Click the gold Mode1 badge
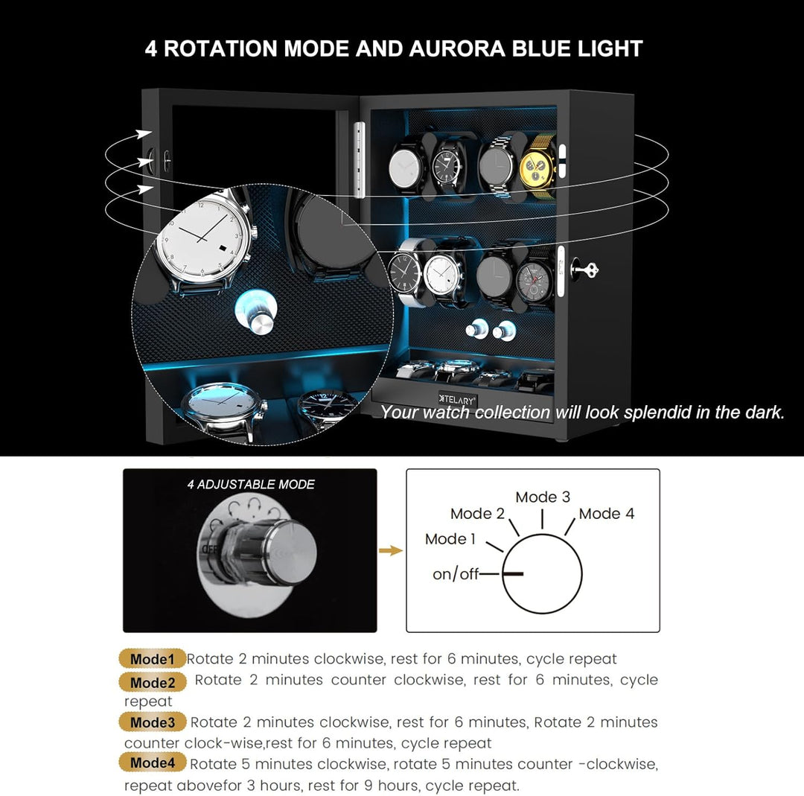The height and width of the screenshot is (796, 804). click(x=153, y=658)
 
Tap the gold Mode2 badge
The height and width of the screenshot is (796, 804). click(x=153, y=682)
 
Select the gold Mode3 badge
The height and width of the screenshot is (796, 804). click(x=153, y=722)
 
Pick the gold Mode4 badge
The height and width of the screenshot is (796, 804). click(x=153, y=762)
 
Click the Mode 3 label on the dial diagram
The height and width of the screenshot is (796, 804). click(x=543, y=497)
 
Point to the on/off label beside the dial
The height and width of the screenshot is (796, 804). click(x=456, y=574)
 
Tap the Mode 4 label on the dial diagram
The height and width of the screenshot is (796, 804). click(x=607, y=513)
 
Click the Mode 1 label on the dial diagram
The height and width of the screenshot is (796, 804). click(x=450, y=539)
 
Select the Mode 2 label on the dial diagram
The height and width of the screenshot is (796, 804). click(x=477, y=513)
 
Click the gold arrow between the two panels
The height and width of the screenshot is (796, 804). click(x=391, y=551)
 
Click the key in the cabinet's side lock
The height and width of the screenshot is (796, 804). click(x=584, y=270)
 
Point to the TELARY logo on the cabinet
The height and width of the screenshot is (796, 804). click(x=457, y=400)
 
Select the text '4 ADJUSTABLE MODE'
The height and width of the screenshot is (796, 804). click(x=251, y=485)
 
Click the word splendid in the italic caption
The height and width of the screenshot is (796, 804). click(x=657, y=413)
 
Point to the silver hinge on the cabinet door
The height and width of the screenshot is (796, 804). click(x=360, y=159)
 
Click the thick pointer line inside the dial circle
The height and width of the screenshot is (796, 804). click(x=513, y=573)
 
